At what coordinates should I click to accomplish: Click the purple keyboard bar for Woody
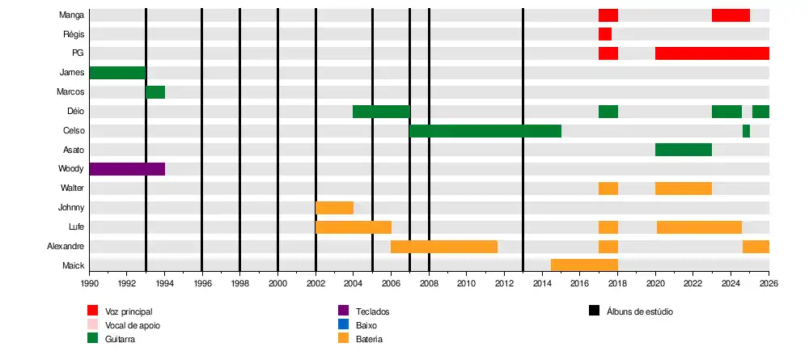(x=127, y=169)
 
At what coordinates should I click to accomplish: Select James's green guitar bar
(x=117, y=73)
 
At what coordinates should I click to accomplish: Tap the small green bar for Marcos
(x=155, y=92)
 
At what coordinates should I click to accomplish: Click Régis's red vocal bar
(x=605, y=34)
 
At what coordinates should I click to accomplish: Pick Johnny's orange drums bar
(x=334, y=208)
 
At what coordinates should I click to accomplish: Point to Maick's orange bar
(x=584, y=265)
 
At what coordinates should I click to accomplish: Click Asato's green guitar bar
(x=684, y=150)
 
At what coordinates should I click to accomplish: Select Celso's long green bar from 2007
(x=485, y=131)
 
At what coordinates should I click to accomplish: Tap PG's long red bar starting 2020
(x=712, y=53)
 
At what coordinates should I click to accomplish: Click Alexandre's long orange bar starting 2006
(x=444, y=246)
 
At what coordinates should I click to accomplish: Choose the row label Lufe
(x=76, y=227)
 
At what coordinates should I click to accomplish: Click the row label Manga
(x=72, y=15)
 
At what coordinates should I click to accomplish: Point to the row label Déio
(x=76, y=112)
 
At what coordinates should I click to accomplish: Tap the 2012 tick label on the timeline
(x=504, y=284)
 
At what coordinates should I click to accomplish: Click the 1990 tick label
(x=89, y=284)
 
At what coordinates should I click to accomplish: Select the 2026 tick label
(x=769, y=284)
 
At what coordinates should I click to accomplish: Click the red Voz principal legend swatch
(x=93, y=311)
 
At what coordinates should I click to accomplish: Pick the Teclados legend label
(x=373, y=311)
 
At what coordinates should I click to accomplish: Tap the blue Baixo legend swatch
(x=343, y=325)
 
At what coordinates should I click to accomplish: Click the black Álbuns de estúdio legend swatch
(x=595, y=311)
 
